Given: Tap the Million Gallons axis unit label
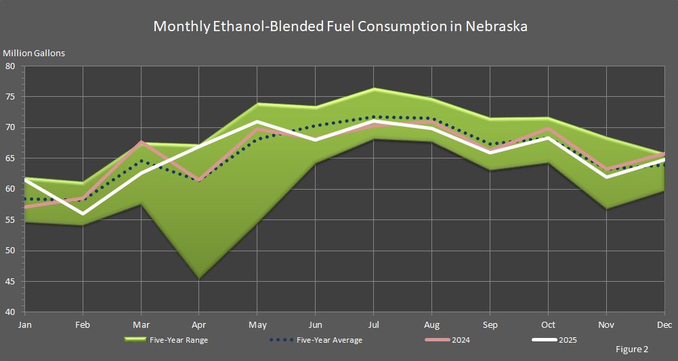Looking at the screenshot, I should pos(34,53).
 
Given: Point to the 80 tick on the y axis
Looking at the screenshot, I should pos(11,66).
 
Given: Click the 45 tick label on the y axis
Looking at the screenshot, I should pos(11,282).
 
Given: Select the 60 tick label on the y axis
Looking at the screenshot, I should pos(11,189).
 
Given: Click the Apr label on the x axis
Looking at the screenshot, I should pos(199,325).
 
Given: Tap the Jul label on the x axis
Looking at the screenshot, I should pos(373,325).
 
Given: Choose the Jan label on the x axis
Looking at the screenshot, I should pos(25,325).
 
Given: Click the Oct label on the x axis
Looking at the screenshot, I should pos(547,325).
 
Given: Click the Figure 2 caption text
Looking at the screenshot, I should pos(632,349).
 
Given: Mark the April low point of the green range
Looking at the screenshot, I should pos(199,278).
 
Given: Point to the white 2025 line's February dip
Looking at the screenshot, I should pos(83,213).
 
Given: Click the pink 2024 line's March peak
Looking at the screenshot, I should pos(141,142).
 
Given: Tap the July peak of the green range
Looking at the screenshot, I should pos(373,89).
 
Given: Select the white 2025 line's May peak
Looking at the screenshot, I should pos(257,122).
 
